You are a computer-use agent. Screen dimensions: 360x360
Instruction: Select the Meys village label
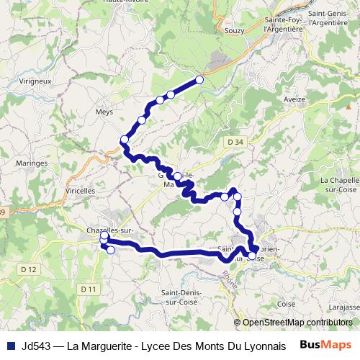pos(104,112)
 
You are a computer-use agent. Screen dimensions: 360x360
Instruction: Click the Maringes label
pos(31,163)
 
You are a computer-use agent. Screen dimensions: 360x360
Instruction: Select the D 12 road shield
pos(30,269)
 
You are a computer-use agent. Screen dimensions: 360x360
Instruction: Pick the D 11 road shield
pos(88,289)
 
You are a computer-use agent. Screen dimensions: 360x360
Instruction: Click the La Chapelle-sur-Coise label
pos(338,184)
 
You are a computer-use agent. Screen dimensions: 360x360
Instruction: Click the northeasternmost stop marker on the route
pos(199,80)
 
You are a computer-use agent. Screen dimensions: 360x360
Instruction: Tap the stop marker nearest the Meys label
pos(125,139)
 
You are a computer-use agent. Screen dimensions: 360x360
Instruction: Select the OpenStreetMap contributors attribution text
pos(297,323)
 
